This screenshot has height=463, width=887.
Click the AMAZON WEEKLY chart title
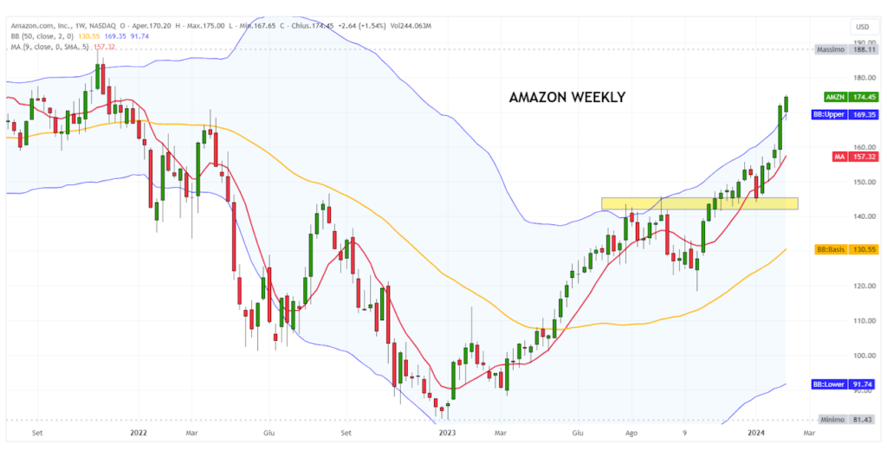coord(567,97)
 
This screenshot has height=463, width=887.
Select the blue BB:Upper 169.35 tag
coord(845,114)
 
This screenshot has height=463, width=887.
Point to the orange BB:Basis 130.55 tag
coord(845,249)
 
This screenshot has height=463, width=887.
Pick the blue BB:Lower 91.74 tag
coord(845,384)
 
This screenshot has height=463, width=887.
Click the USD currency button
coord(861,27)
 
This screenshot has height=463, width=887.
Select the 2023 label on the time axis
coord(447,431)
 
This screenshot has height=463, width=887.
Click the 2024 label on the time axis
coord(756,431)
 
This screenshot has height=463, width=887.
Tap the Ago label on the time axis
coord(631,431)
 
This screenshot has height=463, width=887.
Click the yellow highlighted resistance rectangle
coord(699,203)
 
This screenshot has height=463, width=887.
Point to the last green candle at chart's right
coord(787,104)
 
